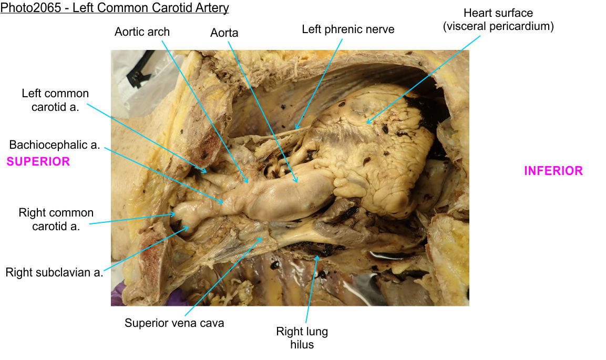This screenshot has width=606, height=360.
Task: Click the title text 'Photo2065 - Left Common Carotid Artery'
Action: [115, 8]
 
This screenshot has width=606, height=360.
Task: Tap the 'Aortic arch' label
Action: [142, 32]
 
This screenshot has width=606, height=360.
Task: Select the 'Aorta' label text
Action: [224, 33]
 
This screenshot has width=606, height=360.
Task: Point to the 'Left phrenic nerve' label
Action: [348, 29]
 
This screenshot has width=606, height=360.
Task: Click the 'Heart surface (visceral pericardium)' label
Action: [498, 19]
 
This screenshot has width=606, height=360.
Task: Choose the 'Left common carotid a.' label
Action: [55, 100]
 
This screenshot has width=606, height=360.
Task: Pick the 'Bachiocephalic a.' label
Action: [55, 145]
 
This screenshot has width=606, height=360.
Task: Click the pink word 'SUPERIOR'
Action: [38, 161]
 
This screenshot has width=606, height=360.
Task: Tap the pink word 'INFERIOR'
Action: [553, 171]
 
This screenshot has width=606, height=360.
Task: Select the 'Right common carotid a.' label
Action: [56, 219]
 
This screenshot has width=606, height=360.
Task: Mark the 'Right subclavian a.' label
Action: [54, 272]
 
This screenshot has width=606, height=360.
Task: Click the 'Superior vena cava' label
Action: [174, 323]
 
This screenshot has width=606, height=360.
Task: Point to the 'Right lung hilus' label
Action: [302, 338]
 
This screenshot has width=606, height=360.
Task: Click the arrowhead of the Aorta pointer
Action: [297, 182]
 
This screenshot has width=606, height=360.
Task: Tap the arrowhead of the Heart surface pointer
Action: [367, 124]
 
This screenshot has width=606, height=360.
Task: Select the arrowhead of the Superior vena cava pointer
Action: [261, 238]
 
